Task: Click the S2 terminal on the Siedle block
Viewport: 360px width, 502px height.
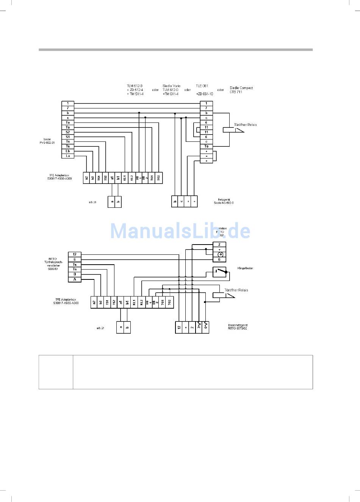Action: pos(68,132)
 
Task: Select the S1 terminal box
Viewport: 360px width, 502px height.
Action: pos(68,137)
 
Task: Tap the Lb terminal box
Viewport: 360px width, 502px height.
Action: pos(68,151)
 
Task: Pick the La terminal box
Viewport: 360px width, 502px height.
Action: pos(68,156)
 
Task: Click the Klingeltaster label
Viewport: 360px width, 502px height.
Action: pos(245,268)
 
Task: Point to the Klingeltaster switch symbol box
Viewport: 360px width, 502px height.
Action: pos(219,272)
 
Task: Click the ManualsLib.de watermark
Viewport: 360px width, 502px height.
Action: pos(180,231)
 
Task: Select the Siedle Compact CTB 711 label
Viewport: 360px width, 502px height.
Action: pos(241,90)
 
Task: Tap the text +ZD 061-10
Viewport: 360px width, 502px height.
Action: pos(204,94)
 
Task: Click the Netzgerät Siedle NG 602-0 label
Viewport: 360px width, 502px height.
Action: pos(224,201)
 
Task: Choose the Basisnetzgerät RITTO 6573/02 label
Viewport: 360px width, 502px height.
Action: pos(238,327)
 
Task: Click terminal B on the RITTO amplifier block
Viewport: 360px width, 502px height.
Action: pos(75,274)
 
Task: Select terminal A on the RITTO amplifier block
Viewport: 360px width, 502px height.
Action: pos(75,279)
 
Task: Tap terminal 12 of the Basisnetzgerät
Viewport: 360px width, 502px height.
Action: pos(179,327)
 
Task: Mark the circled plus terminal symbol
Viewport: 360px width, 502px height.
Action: pos(219,254)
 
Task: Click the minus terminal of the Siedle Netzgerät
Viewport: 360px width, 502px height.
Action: pos(188,201)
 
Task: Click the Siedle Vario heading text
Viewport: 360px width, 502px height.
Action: pos(171,86)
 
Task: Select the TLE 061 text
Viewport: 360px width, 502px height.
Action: pos(202,86)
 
